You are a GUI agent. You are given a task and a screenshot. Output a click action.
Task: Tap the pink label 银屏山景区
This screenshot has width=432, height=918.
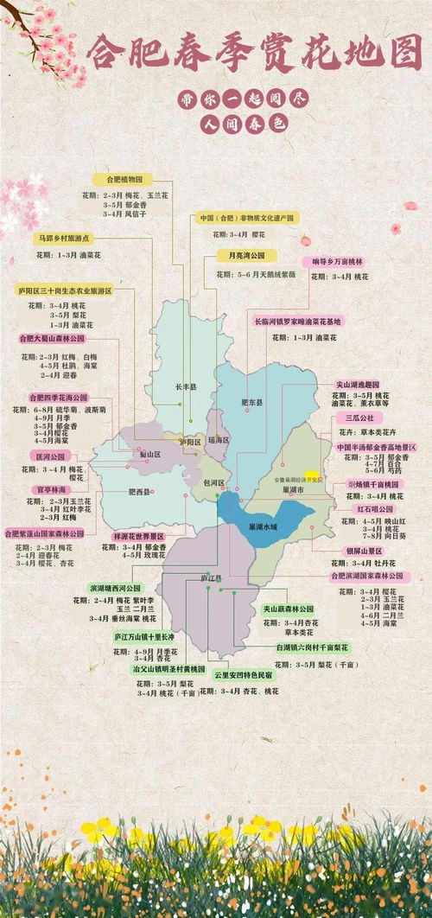pos(365,550)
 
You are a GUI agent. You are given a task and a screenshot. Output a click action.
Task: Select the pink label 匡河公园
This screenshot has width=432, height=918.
pos(51,456)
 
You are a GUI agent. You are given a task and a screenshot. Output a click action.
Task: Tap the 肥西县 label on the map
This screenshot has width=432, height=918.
pos(139,492)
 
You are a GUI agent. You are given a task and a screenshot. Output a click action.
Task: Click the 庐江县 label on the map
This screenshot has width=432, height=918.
pos(211,577)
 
